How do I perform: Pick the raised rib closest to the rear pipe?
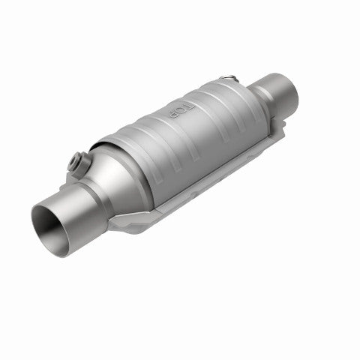225,97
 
